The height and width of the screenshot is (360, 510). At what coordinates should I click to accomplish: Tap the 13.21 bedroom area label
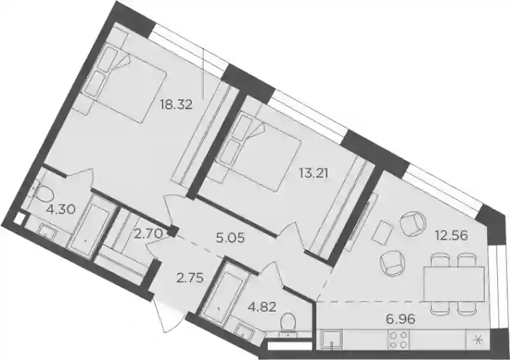click(313, 173)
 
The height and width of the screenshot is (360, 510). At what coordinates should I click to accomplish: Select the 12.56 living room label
click(453, 235)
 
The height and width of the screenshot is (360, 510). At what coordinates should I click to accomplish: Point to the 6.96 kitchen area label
click(401, 319)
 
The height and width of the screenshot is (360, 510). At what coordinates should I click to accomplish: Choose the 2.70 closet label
click(149, 233)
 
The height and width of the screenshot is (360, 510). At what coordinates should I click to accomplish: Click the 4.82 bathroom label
click(261, 306)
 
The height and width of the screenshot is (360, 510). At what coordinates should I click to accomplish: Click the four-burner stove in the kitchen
click(398, 340)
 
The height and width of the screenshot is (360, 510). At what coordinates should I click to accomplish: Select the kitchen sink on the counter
click(331, 340)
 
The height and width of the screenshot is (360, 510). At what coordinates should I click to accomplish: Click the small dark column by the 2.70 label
click(173, 231)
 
